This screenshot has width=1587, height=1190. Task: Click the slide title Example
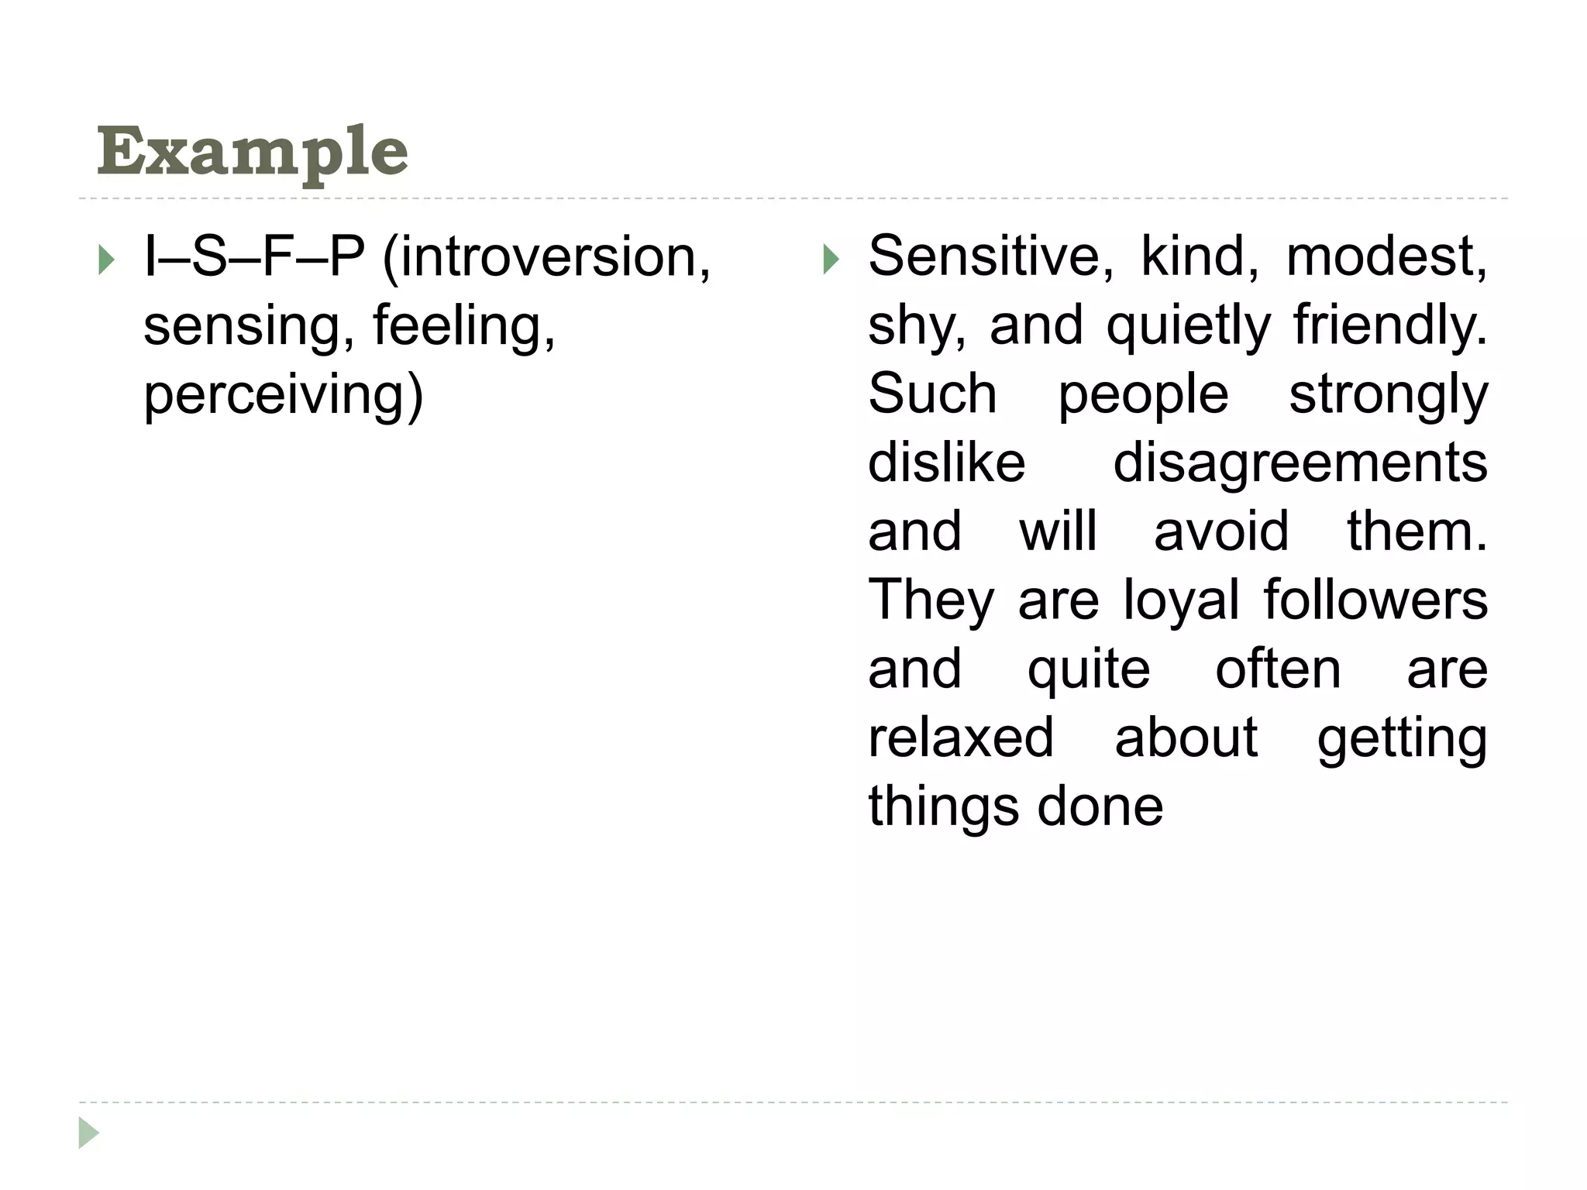click(252, 153)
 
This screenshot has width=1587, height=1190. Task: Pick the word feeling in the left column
click(463, 325)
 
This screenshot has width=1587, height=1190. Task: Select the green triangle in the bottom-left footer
click(88, 1133)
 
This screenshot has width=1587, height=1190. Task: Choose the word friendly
click(1390, 325)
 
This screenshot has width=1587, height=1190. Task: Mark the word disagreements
click(1300, 463)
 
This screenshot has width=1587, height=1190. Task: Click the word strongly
click(1388, 394)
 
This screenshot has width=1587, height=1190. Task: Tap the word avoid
click(1221, 532)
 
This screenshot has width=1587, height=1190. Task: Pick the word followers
click(1375, 600)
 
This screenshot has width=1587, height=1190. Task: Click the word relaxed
click(961, 738)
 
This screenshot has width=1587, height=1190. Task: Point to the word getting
click(1402, 739)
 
